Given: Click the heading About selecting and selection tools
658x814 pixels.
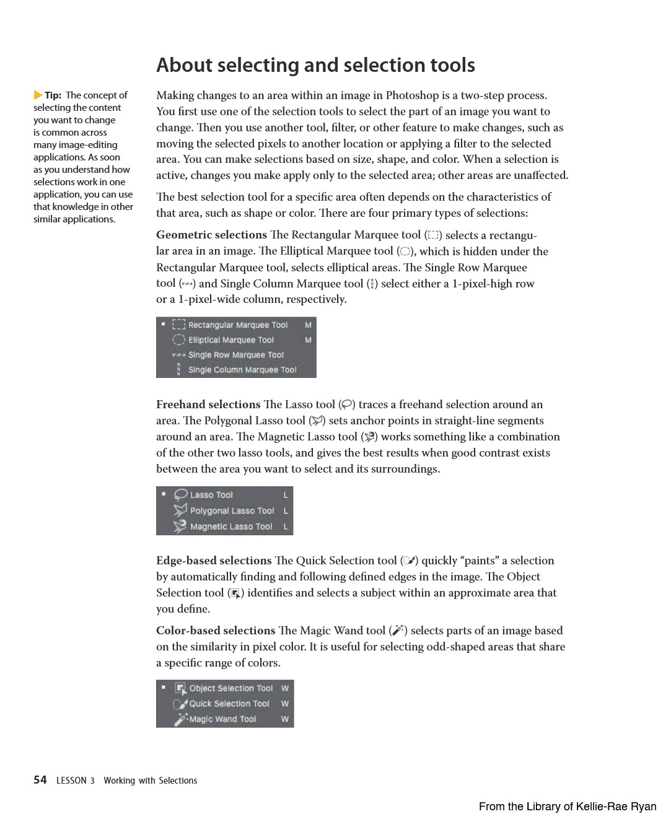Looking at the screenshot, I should (x=315, y=65).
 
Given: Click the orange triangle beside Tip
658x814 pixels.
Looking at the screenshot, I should (x=38, y=95).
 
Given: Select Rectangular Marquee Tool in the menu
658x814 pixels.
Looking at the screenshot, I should (x=238, y=325).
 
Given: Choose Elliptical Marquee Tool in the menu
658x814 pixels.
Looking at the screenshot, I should (x=231, y=340).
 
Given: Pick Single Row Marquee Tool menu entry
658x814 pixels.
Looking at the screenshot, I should (x=235, y=355).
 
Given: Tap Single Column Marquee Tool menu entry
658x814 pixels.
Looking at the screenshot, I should (x=242, y=370).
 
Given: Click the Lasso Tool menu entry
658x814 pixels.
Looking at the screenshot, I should (x=211, y=495).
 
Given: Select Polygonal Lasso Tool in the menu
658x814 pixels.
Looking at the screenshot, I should (x=232, y=511).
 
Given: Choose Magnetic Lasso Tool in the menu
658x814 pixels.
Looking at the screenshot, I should (x=231, y=527).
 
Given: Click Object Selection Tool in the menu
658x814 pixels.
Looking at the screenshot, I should (x=230, y=688).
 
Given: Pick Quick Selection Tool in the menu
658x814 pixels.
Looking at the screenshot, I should (x=229, y=704).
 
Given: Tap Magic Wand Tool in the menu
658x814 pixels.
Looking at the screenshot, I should (x=222, y=719).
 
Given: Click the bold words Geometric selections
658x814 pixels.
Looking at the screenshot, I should (x=211, y=235).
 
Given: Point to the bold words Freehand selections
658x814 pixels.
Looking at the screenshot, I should (x=208, y=405).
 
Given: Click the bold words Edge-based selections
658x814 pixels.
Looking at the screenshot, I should (x=214, y=561).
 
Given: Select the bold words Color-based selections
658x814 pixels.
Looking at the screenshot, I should (x=216, y=631).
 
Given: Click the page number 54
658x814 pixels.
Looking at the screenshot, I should (x=40, y=780).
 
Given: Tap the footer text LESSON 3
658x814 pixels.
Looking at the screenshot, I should (x=76, y=781).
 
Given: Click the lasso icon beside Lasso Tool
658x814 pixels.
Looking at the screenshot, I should (x=180, y=494).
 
